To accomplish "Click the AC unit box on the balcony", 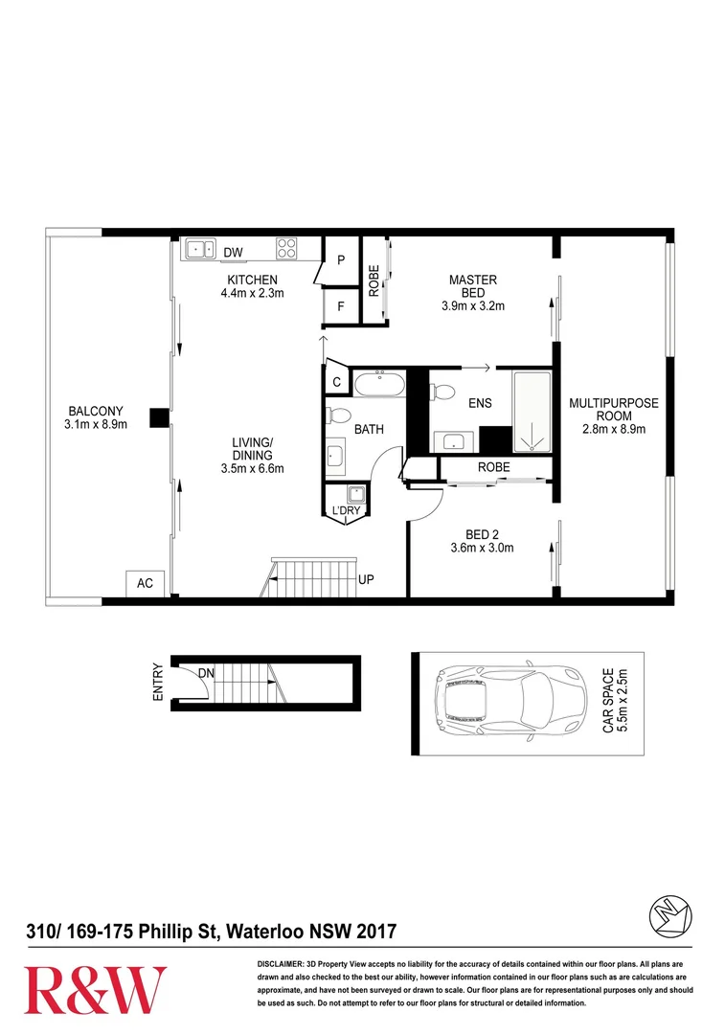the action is [146, 583].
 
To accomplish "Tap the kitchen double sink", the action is [200, 249].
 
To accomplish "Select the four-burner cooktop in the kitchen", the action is [286, 248].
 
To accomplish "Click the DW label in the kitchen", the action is [233, 252].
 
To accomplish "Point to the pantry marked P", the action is [341, 259].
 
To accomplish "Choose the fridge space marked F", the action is [341, 306].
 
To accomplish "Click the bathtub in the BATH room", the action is [379, 383].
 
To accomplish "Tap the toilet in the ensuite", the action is [442, 393].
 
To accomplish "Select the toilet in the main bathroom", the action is [338, 416].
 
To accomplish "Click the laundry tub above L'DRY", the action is [355, 494].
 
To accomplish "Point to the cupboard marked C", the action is [336, 382].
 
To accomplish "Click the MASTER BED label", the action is [473, 286].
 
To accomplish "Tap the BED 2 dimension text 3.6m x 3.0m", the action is [483, 548].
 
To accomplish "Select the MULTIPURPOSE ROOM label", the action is [614, 410].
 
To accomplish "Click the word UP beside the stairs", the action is [366, 579].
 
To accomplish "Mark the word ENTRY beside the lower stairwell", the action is [158, 682].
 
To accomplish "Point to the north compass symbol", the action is [671, 916].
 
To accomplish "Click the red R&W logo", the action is [95, 990].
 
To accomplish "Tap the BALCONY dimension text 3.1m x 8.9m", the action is [96, 424].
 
